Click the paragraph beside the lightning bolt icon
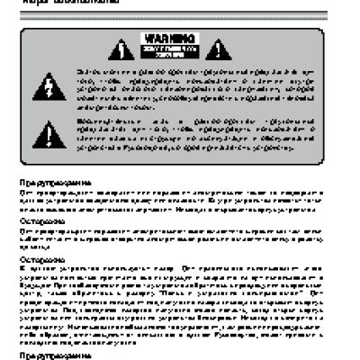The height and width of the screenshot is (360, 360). [x=198, y=90]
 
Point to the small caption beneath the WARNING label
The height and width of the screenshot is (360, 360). [x=180, y=51]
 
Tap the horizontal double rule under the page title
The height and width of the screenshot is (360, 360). [x=180, y=14]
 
